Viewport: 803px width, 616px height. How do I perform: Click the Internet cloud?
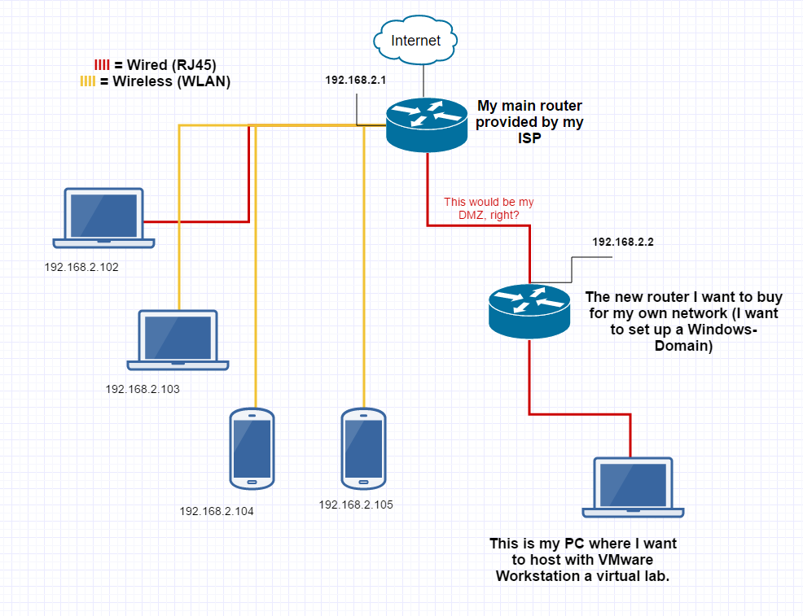[415, 41]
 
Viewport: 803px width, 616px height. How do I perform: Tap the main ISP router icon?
[427, 125]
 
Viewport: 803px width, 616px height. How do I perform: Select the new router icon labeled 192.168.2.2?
[529, 309]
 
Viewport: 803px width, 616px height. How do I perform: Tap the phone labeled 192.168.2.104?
[252, 448]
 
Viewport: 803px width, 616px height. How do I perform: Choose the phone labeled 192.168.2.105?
[362, 448]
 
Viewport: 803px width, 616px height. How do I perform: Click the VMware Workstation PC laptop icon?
[634, 487]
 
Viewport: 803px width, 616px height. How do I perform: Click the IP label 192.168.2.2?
[623, 242]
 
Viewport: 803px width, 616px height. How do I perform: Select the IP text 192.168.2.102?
[81, 267]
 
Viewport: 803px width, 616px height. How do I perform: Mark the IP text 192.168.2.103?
[143, 389]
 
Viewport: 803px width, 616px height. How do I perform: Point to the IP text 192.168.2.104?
[217, 512]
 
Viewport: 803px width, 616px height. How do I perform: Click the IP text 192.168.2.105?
[356, 505]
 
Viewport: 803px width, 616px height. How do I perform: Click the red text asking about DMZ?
[489, 208]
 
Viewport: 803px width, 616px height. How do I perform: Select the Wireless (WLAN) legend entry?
[155, 81]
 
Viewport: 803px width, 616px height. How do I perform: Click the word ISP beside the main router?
[530, 138]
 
